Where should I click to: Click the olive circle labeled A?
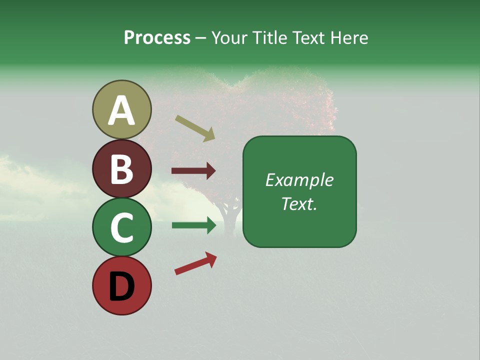[x=121, y=109]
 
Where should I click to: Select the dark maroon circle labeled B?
[x=121, y=168]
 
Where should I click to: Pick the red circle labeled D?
[x=121, y=285]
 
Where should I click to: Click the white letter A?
[x=121, y=111]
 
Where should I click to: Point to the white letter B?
[x=121, y=169]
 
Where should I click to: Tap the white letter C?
[x=121, y=227]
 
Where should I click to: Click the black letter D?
[x=121, y=287]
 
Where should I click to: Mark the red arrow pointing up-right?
[x=195, y=263]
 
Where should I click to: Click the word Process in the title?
[x=157, y=38]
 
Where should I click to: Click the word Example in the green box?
[x=299, y=180]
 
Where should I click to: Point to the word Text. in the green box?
[x=299, y=203]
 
